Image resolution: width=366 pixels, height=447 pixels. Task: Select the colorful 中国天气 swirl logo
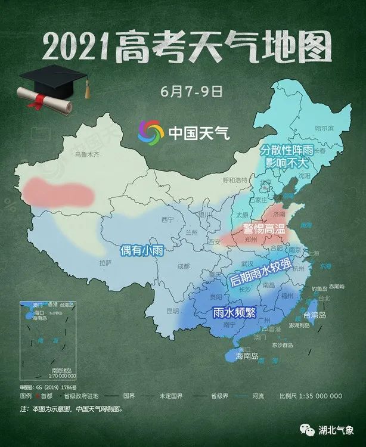point(150,132)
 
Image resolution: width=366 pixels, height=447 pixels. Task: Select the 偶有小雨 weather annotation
point(142,250)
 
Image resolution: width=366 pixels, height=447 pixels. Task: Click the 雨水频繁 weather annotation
point(234,311)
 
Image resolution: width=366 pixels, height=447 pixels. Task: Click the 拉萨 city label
point(105,262)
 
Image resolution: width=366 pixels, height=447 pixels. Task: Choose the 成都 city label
point(182,268)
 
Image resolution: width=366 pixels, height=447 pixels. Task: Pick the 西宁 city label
point(168,220)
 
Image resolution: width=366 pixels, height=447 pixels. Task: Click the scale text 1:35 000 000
point(319,396)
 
